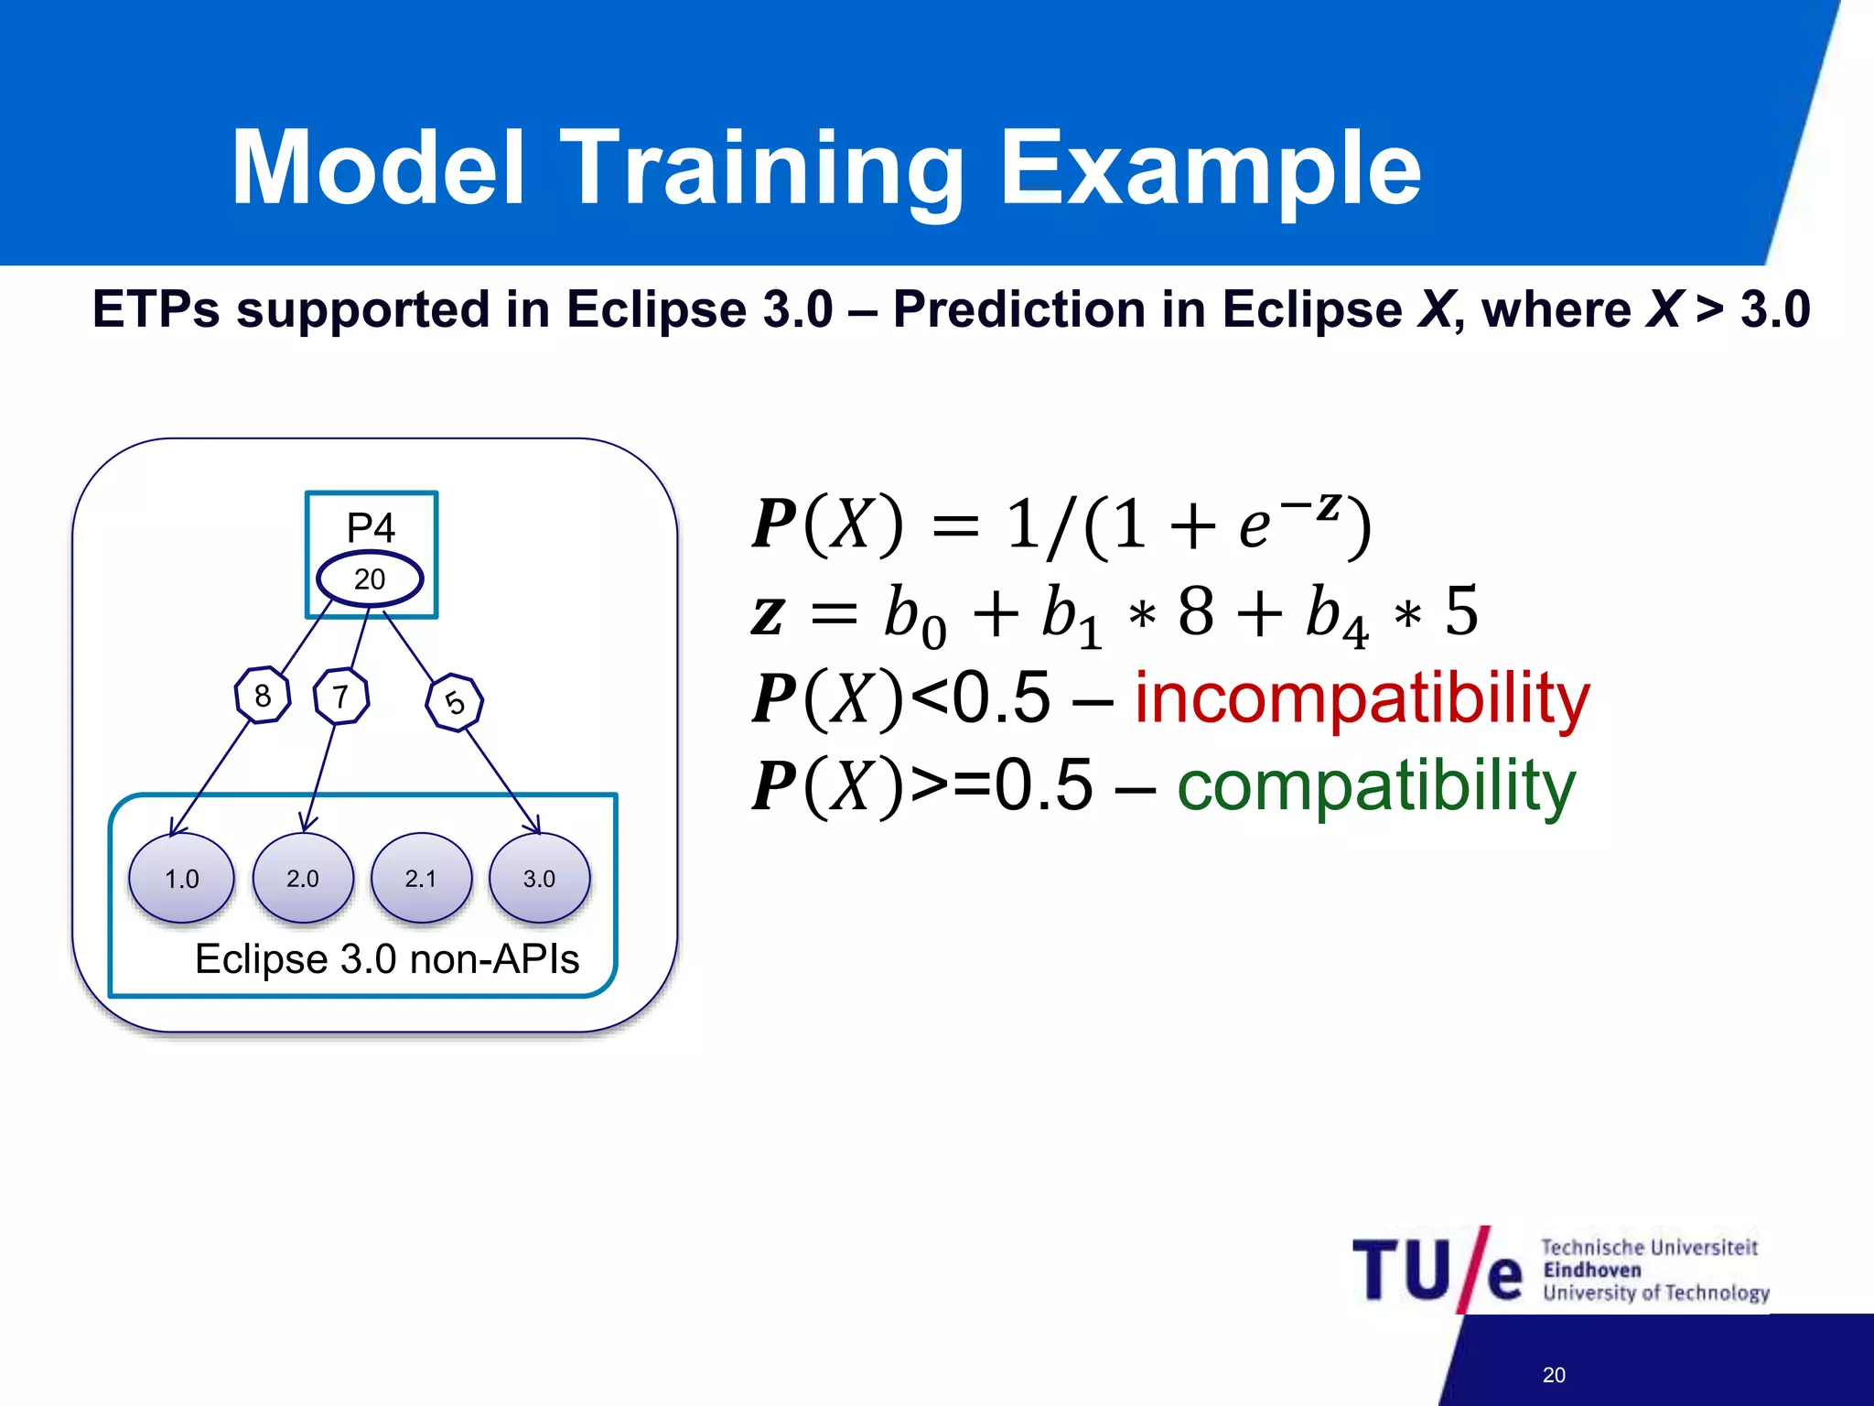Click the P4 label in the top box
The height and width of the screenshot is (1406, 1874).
pyautogui.click(x=371, y=528)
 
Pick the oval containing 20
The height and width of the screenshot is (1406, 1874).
pyautogui.click(x=370, y=579)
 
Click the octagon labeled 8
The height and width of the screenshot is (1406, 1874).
pyautogui.click(x=263, y=696)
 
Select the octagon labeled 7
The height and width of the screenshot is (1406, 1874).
pyautogui.click(x=341, y=697)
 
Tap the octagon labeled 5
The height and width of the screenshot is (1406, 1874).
pyautogui.click(x=455, y=702)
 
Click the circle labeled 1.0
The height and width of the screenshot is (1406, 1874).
pyautogui.click(x=181, y=879)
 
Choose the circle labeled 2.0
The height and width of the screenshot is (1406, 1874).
pyautogui.click(x=303, y=879)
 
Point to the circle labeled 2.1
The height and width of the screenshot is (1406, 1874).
pyautogui.click(x=421, y=879)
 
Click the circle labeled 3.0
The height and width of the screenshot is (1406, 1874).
pyautogui.click(x=539, y=879)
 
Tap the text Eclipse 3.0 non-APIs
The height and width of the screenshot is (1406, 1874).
pyautogui.click(x=387, y=959)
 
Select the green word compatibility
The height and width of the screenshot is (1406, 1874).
pyautogui.click(x=1375, y=786)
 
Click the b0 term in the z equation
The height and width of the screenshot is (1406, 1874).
pyautogui.click(x=913, y=614)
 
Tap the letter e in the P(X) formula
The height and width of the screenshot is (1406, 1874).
pyautogui.click(x=1255, y=527)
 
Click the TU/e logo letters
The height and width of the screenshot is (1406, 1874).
pyautogui.click(x=1437, y=1271)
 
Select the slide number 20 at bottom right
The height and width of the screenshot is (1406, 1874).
pyautogui.click(x=1554, y=1374)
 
